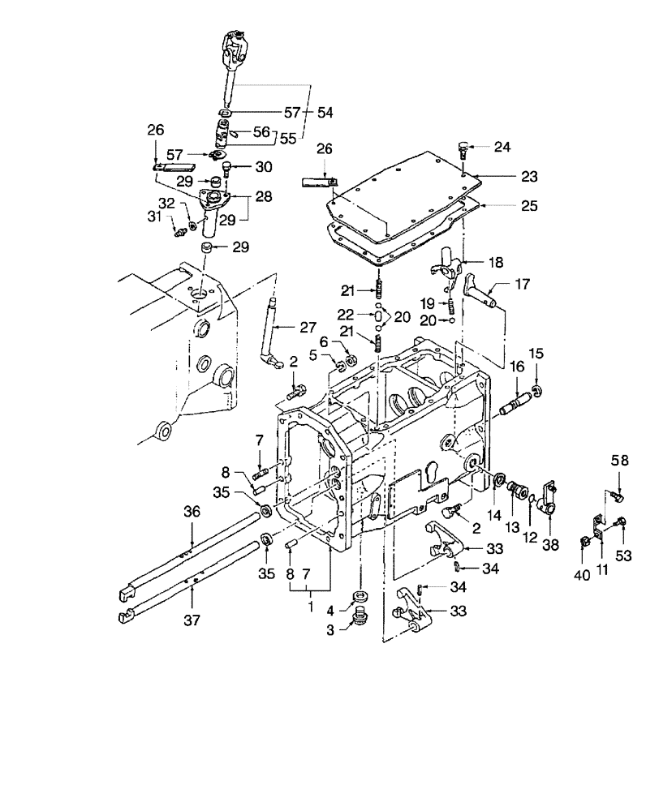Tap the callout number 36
coord(191,512)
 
